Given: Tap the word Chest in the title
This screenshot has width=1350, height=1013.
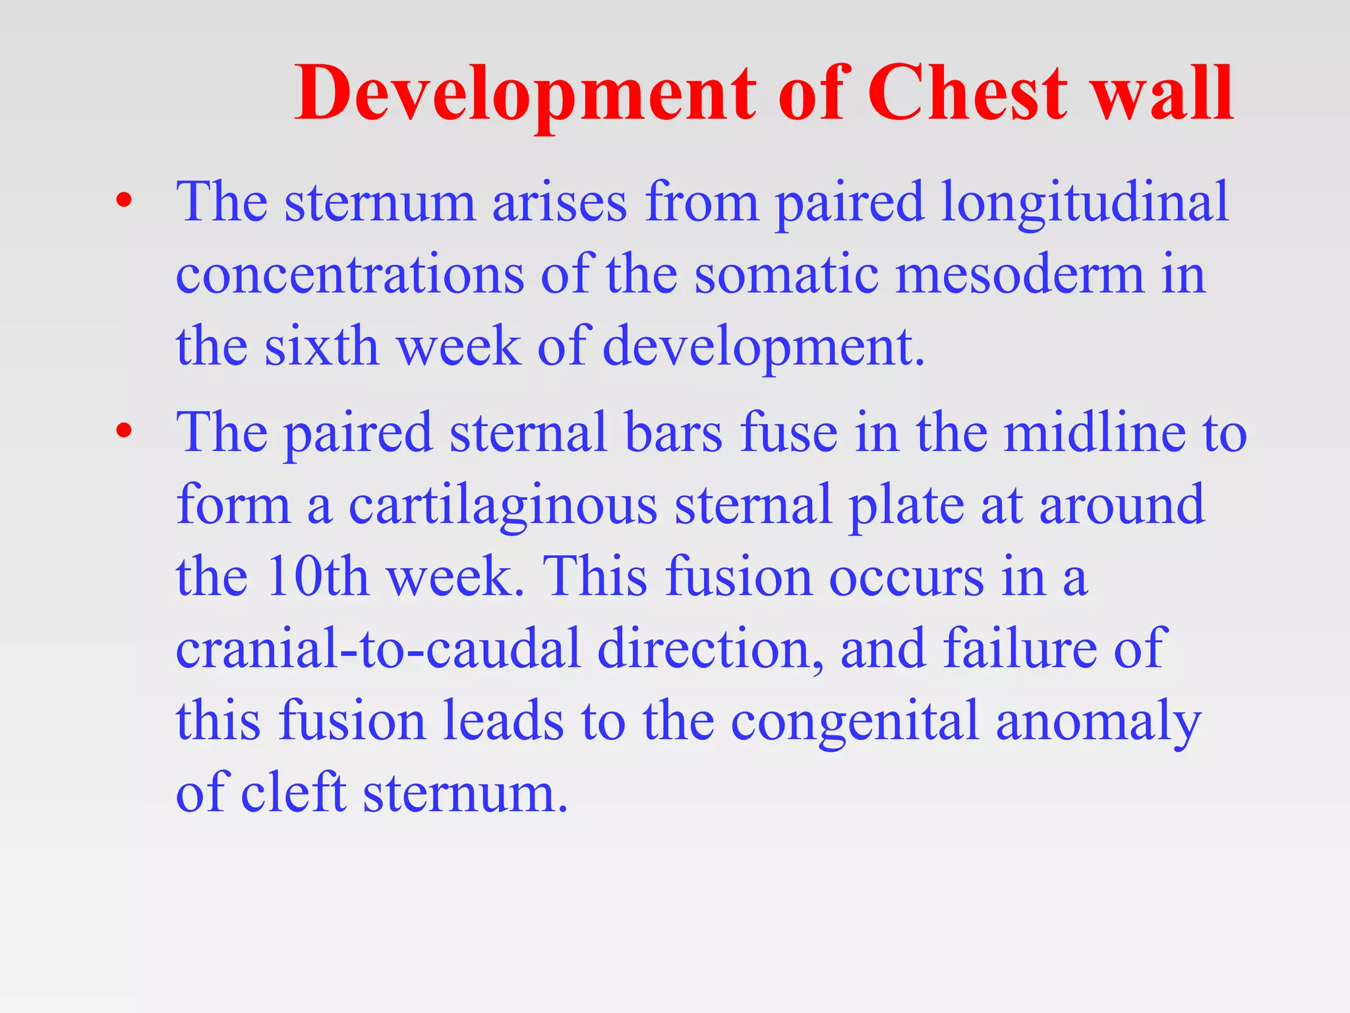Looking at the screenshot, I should tap(967, 94).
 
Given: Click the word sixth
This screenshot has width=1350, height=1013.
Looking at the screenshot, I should tap(322, 346).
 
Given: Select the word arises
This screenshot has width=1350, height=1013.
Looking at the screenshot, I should tap(560, 203).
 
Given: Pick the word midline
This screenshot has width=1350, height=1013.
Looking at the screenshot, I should tap(1095, 433).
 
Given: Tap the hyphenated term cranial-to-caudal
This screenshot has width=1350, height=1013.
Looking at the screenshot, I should tap(378, 649).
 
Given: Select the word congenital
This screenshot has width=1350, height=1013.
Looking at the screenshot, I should tap(855, 722).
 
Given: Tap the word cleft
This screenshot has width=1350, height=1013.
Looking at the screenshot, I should tap(293, 793).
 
